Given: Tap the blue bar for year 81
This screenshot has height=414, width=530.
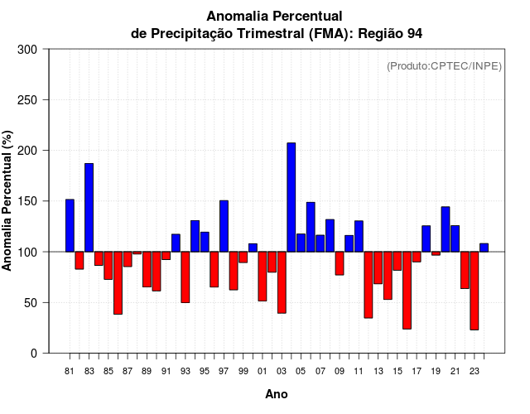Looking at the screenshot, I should (x=70, y=225).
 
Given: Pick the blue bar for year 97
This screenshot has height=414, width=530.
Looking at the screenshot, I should (x=224, y=225).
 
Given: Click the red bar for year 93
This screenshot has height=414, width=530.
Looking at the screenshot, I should (x=185, y=277).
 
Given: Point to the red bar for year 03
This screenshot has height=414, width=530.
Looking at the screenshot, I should (x=282, y=282).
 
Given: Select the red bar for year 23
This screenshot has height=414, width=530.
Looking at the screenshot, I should (x=475, y=290).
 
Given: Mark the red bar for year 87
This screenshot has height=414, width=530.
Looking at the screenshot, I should (x=128, y=259).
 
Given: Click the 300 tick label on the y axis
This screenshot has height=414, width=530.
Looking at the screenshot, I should (x=27, y=50).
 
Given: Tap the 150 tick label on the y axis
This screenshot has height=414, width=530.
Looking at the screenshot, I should (x=27, y=201).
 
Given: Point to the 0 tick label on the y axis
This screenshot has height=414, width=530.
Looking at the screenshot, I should (x=34, y=354).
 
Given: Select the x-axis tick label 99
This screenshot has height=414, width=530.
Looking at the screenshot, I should (x=243, y=371).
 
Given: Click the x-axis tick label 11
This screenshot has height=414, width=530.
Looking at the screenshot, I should (x=359, y=371).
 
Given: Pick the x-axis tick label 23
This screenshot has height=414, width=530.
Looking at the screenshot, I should (x=475, y=371).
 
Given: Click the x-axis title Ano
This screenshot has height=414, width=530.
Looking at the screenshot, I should (x=277, y=395).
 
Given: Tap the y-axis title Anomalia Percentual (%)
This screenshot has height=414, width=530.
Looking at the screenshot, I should (x=8, y=201).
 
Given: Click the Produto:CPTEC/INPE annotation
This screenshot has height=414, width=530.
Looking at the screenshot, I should (x=444, y=66).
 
